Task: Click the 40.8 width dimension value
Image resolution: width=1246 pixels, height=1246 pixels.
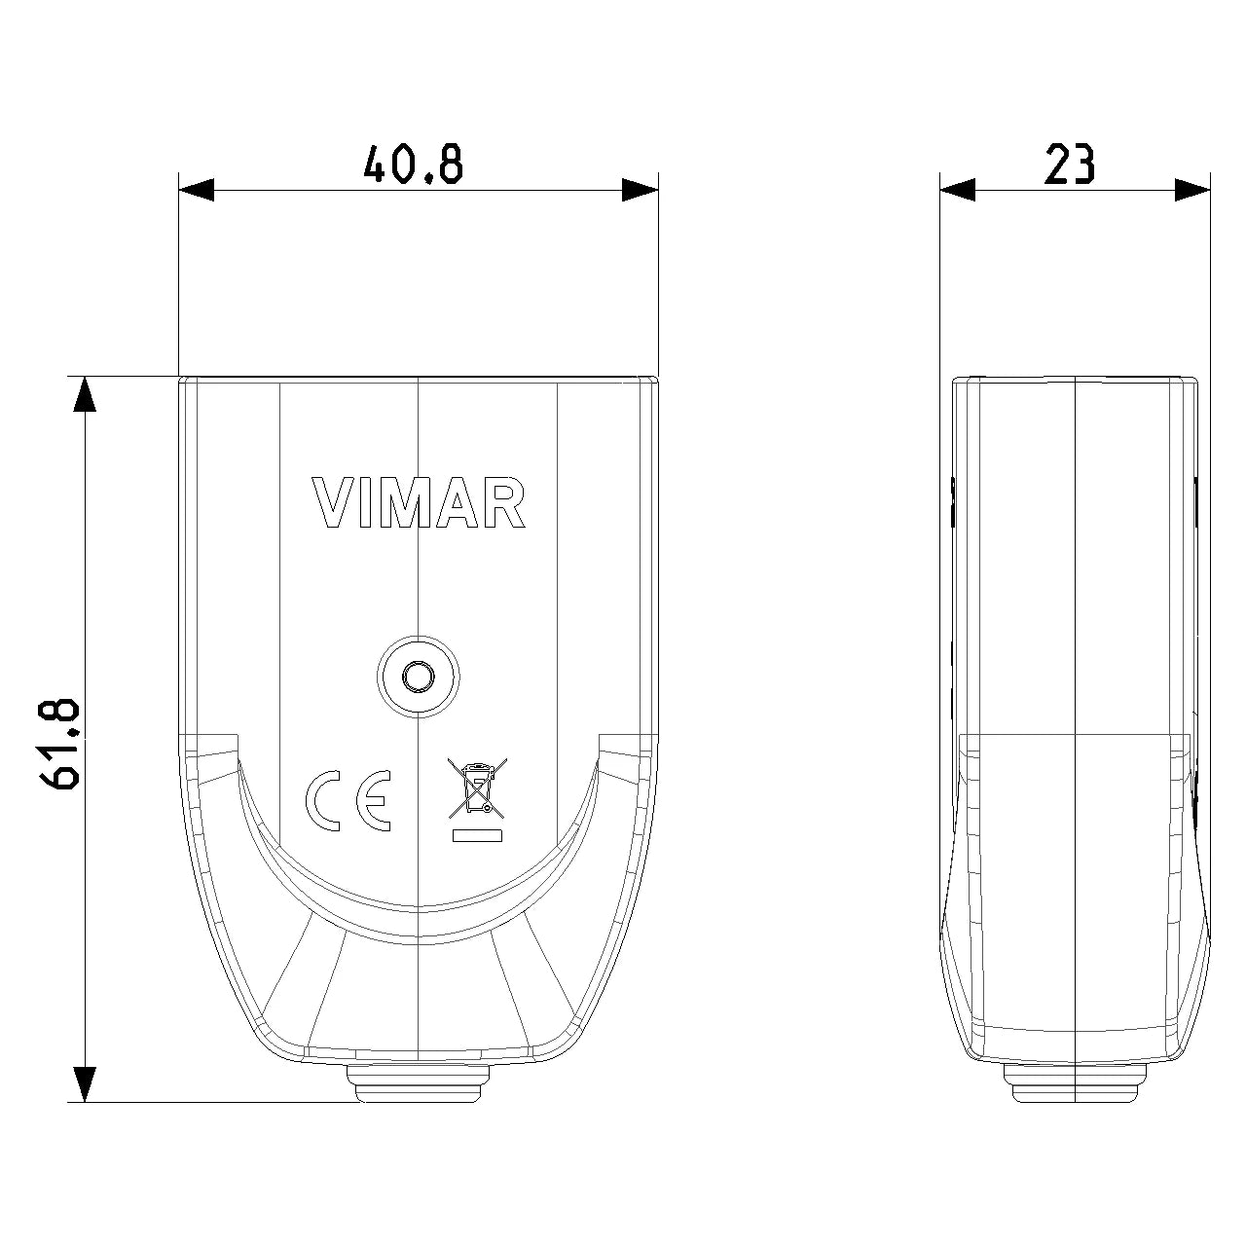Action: (413, 165)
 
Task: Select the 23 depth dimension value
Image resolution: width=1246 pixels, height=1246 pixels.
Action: (1070, 165)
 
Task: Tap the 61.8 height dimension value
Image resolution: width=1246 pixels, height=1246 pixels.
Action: (61, 744)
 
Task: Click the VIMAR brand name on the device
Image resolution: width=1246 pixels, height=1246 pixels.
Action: (419, 503)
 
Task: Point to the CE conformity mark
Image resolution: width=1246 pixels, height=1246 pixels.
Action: (348, 800)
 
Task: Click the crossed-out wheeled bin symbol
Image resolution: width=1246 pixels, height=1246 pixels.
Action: (477, 788)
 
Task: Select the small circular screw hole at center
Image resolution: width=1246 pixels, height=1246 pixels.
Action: (419, 677)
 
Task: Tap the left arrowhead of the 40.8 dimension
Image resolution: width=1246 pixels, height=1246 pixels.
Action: (197, 190)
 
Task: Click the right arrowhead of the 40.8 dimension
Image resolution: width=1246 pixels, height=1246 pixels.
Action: (641, 190)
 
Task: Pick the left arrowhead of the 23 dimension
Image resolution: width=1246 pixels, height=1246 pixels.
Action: (958, 190)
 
